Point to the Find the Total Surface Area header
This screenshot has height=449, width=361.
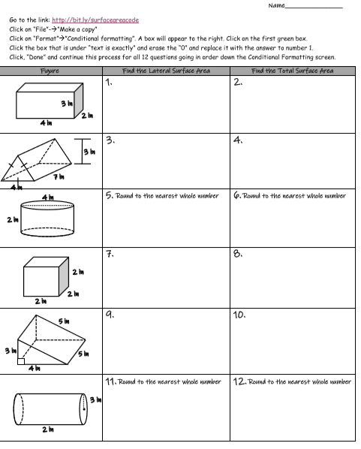click(293, 70)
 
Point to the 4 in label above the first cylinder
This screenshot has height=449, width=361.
click(49, 195)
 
